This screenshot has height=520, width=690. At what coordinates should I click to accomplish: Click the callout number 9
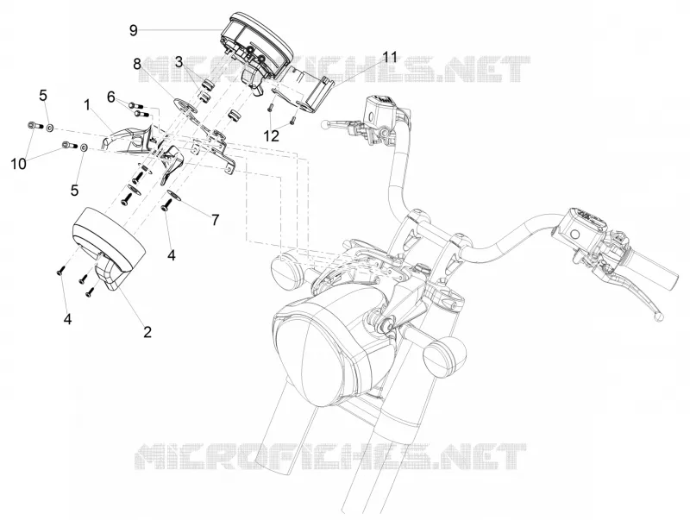click(134, 30)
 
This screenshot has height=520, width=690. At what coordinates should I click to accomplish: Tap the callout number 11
click(390, 58)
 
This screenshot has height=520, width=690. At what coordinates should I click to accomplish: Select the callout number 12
click(273, 136)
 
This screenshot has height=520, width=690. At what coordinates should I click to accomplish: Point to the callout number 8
click(137, 65)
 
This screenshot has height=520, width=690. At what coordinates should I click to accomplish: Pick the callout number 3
click(179, 62)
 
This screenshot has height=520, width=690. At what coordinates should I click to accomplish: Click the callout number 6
click(111, 97)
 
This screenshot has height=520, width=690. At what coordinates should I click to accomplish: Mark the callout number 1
click(87, 105)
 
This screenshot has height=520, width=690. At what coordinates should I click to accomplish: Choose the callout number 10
click(19, 164)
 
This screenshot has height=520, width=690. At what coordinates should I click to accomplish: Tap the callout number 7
click(215, 220)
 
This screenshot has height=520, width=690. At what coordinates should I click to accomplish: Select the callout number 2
click(147, 332)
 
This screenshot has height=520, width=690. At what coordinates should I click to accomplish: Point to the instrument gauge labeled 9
click(256, 48)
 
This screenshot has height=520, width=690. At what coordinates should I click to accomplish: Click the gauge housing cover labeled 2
click(109, 247)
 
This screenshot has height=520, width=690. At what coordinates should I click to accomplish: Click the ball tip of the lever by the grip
click(658, 315)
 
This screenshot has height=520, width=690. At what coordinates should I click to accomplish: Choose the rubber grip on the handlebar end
click(655, 269)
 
